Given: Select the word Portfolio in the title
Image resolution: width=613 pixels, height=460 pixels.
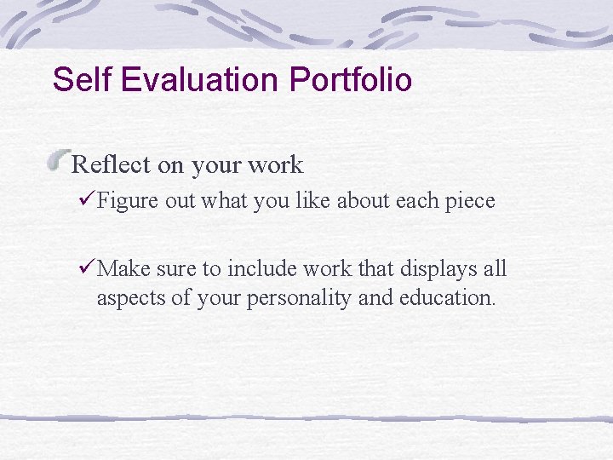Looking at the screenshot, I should pyautogui.click(x=351, y=80).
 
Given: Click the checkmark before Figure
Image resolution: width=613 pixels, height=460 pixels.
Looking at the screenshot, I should pyautogui.click(x=83, y=200).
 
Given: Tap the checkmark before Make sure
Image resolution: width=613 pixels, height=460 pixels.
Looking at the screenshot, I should pyautogui.click(x=83, y=269).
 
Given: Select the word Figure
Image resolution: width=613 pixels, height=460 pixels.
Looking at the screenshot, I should pyautogui.click(x=125, y=201).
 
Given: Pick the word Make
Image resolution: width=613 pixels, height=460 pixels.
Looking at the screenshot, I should pyautogui.click(x=123, y=269).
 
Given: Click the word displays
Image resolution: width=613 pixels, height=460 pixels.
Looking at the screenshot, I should pyautogui.click(x=433, y=270).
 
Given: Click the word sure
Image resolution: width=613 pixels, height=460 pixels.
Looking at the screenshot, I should pyautogui.click(x=175, y=270).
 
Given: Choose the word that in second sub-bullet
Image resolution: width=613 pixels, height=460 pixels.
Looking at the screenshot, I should pyautogui.click(x=367, y=269).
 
